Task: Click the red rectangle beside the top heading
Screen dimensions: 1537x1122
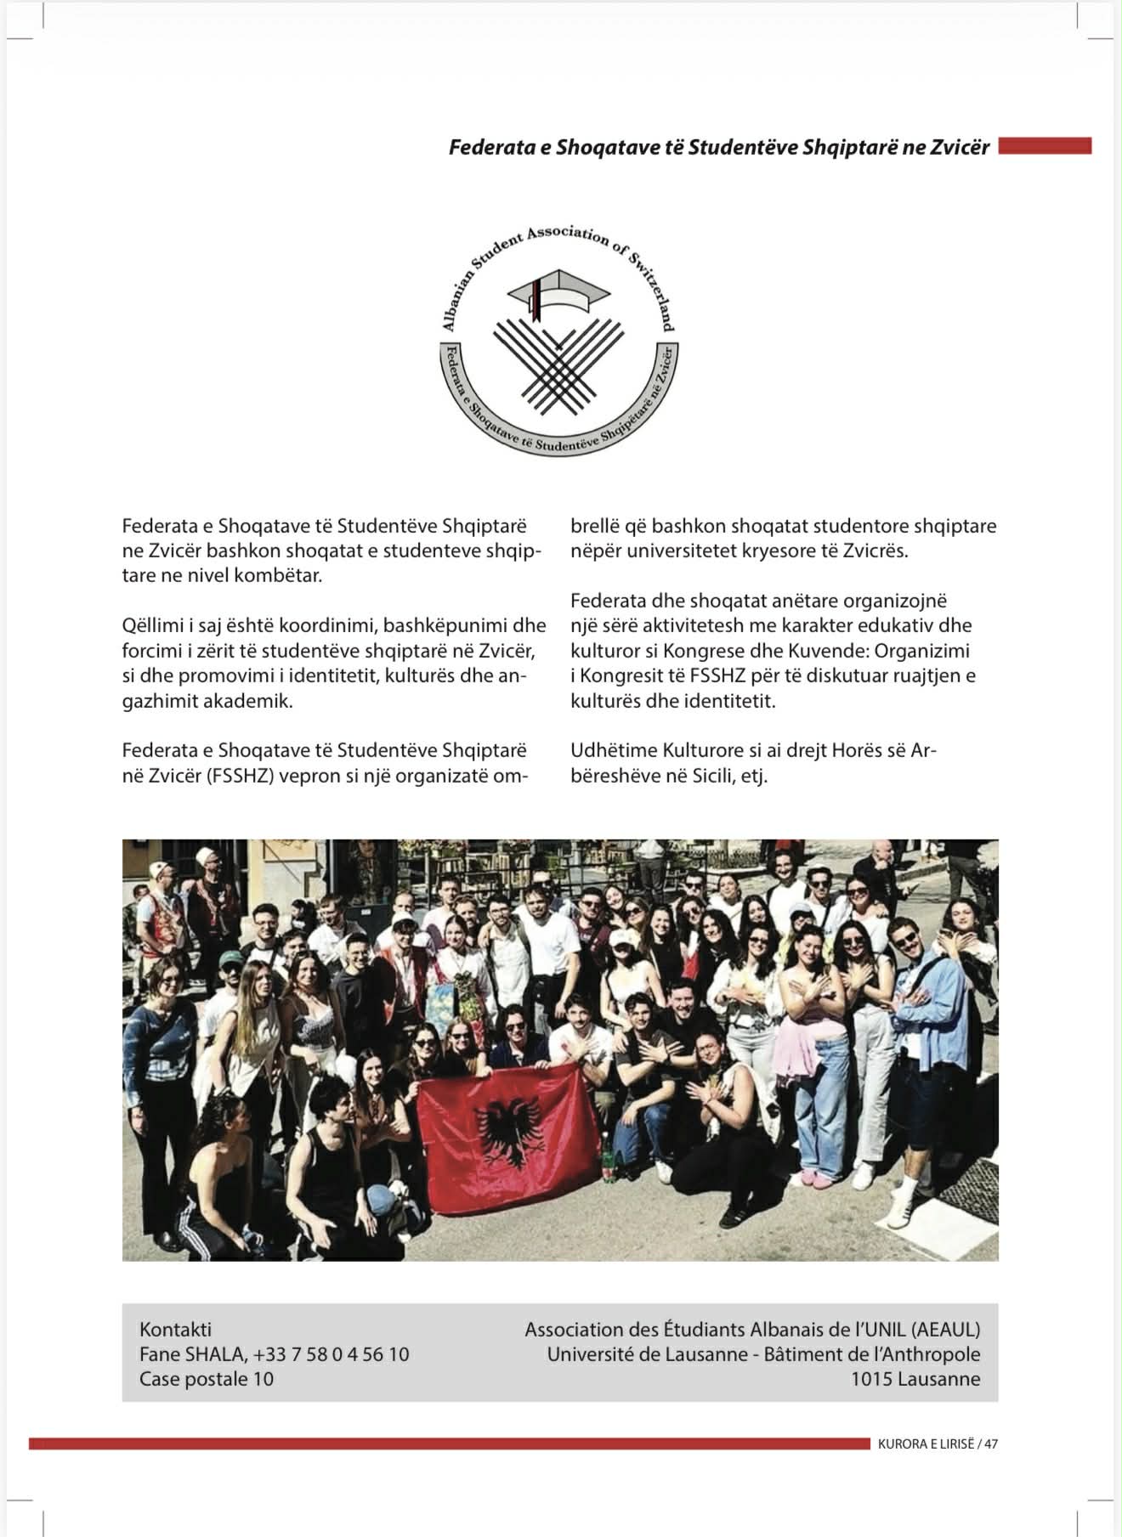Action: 1045,147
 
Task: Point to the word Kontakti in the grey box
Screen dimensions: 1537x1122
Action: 175,1329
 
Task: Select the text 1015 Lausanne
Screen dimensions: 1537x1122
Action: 915,1378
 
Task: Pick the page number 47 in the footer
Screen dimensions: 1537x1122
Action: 991,1444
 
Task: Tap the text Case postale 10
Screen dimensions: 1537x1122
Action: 207,1378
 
